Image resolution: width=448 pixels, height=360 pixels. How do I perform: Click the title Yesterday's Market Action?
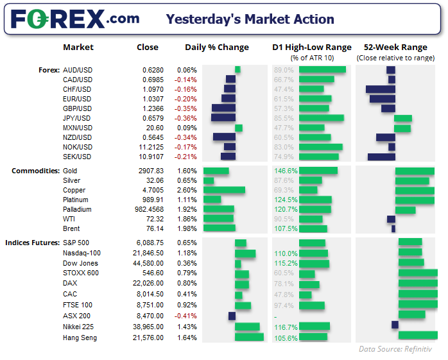[250, 19]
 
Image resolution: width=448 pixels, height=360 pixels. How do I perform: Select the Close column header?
[148, 47]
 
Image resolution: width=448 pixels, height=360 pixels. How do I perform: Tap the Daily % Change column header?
[216, 47]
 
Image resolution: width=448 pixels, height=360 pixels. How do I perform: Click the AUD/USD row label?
[77, 70]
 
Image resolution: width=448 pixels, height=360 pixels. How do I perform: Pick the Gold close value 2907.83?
[153, 171]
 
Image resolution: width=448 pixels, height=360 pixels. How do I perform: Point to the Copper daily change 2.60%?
[186, 190]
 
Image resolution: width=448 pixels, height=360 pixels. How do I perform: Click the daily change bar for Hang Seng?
[250, 338]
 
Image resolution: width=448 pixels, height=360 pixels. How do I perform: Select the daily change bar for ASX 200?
[232, 316]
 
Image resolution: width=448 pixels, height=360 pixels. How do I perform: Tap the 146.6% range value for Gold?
[286, 171]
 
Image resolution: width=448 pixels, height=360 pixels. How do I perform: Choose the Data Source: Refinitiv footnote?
[395, 349]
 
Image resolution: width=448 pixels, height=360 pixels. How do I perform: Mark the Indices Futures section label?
[33, 243]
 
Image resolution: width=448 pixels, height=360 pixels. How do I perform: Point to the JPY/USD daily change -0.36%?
[186, 118]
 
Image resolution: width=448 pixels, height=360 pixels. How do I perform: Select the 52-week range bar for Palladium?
[405, 209]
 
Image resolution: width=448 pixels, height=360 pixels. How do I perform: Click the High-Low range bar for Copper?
[309, 190]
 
